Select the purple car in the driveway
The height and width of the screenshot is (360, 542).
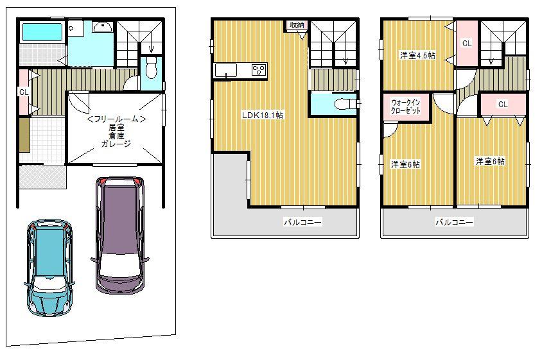coord(119,234)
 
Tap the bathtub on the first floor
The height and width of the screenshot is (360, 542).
coord(41,32)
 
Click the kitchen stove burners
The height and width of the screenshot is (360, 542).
coord(259,70)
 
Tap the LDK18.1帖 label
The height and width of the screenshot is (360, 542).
coord(263,116)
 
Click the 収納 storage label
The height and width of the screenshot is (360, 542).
coord(297,25)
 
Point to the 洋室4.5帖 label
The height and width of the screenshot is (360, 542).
coord(417,56)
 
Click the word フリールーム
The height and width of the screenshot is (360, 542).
coord(118,119)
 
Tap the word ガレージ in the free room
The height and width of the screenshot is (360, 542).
coord(116,144)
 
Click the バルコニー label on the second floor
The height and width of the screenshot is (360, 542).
coord(303,223)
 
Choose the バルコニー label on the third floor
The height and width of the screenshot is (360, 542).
coord(455,223)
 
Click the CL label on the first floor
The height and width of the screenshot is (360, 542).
coord(23,92)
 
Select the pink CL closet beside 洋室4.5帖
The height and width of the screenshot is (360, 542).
coord(467,44)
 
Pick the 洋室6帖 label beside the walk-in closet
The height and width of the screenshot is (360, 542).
coord(406,164)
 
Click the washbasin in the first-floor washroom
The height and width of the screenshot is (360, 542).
coord(102,27)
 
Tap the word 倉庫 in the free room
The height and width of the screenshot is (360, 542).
coord(116,135)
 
